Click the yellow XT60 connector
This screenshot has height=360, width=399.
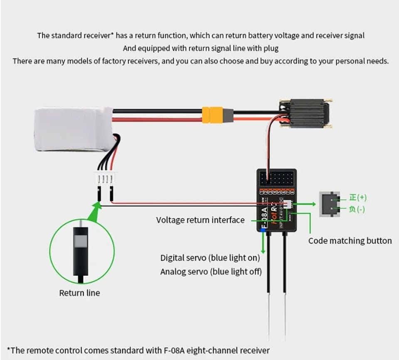(212, 115)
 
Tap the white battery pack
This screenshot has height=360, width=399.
(73, 129)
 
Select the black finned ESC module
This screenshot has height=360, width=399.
(307, 113)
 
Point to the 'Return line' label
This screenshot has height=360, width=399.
(79, 293)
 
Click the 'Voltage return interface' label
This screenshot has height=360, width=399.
(200, 220)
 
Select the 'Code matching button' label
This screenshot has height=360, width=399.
(350, 241)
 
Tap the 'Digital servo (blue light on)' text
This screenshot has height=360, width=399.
(210, 258)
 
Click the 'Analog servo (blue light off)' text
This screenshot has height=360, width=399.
(211, 272)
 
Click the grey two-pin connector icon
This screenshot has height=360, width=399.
(329, 204)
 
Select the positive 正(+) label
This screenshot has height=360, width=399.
(357, 197)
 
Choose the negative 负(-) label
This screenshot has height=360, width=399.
(357, 209)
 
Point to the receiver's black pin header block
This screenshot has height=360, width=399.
(276, 179)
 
